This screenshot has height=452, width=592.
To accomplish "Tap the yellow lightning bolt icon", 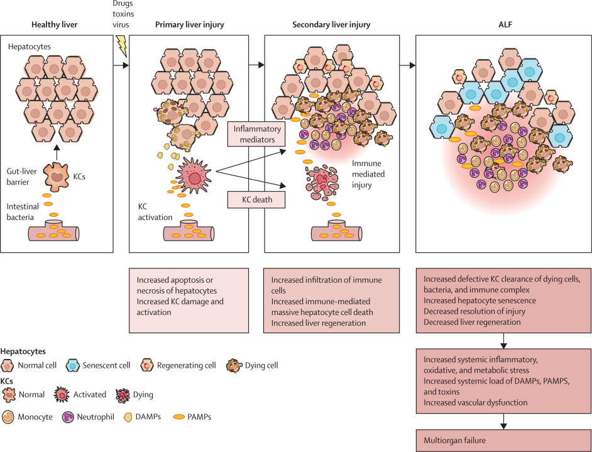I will tap(119, 46).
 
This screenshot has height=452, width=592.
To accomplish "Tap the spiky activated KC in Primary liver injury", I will tap(195, 174).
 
